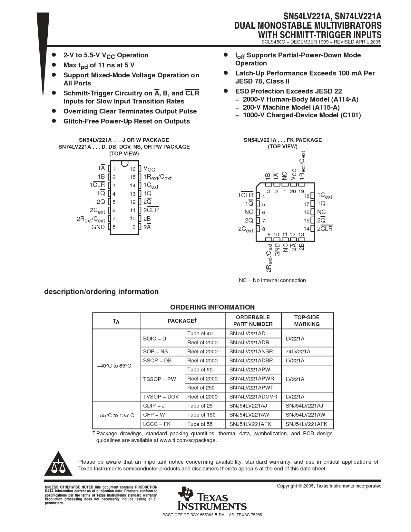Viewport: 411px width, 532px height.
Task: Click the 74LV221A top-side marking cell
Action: [298, 351]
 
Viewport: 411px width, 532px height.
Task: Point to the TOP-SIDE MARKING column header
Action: [307, 321]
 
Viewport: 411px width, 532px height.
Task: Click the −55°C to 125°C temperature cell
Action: [115, 415]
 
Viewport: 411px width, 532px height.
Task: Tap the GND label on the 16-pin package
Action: [98, 227]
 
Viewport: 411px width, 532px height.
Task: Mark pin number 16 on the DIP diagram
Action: [133, 169]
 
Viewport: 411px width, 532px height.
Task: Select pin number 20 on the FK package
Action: [293, 191]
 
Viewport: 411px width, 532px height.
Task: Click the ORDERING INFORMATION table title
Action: [212, 307]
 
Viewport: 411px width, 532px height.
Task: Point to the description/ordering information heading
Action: [101, 291]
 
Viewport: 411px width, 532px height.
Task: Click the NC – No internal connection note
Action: [272, 280]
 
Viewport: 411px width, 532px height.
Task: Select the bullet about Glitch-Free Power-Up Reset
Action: [126, 121]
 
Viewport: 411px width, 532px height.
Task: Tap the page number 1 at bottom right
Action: [381, 514]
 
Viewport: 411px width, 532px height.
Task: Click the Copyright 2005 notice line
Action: [329, 486]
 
